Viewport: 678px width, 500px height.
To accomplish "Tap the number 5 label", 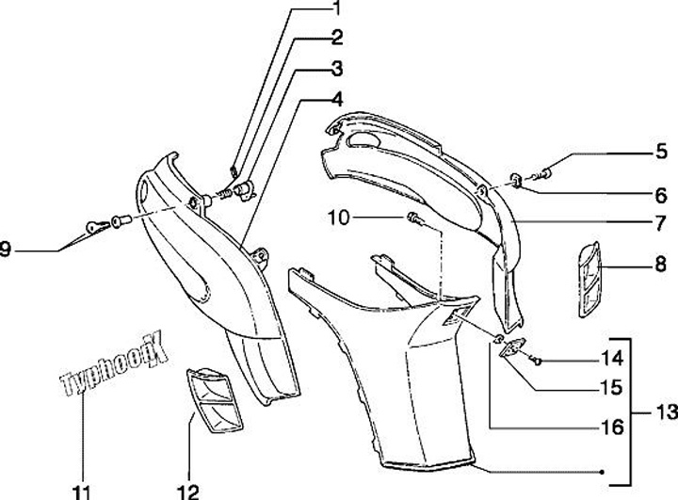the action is click(x=661, y=151).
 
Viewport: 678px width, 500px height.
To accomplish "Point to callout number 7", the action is click(x=661, y=222).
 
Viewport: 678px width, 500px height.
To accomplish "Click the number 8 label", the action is click(x=661, y=266).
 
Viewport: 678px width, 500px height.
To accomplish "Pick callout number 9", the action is click(x=8, y=250).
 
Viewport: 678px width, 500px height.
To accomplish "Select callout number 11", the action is click(x=84, y=490).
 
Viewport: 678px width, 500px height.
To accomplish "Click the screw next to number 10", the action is click(x=414, y=220).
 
